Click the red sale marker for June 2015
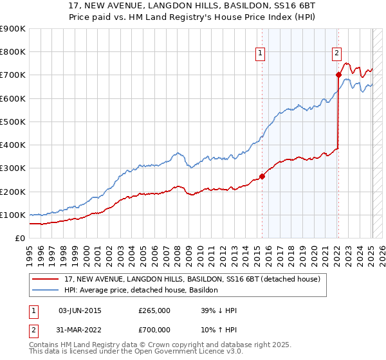pyautogui.click(x=262, y=176)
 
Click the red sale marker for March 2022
pyautogui.click(x=338, y=75)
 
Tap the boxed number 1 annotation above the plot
pyautogui.click(x=261, y=54)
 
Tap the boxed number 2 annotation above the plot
pyautogui.click(x=336, y=54)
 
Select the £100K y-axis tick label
pyautogui.click(x=13, y=215)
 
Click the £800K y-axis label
pyautogui.click(x=13, y=52)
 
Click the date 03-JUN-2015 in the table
pyautogui.click(x=80, y=310)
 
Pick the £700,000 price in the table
pyautogui.click(x=154, y=330)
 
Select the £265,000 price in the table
pyautogui.click(x=154, y=310)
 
